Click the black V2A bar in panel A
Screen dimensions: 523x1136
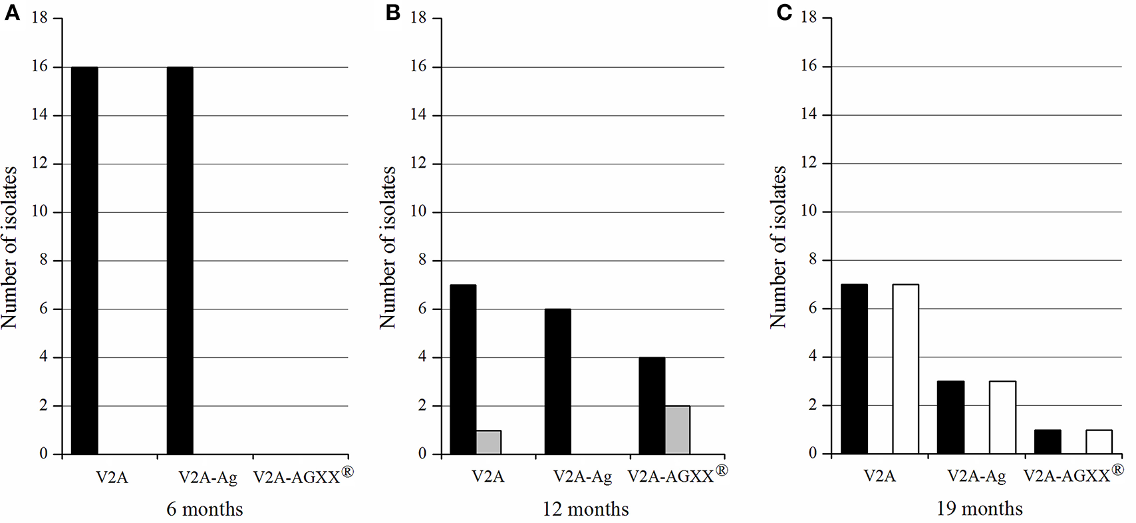[x=84, y=260]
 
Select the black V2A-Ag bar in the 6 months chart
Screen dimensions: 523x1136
[x=180, y=260]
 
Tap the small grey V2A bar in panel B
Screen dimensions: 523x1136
[x=488, y=442]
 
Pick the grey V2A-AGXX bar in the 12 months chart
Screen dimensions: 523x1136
[x=677, y=430]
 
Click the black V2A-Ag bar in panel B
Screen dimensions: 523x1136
[x=557, y=381]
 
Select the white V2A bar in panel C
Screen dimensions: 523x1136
[x=905, y=369]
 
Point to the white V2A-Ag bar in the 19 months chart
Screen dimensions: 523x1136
[x=1002, y=417]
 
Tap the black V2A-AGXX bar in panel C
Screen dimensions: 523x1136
[x=1048, y=442]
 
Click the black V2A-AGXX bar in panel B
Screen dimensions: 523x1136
[x=652, y=405]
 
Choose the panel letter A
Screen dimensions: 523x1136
[x=11, y=13]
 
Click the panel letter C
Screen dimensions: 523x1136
[x=785, y=13]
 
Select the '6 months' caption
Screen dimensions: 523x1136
[x=205, y=510]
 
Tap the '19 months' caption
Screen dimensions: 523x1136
[x=979, y=509]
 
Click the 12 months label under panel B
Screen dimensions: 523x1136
[x=585, y=510]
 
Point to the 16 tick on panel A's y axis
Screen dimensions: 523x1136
[x=41, y=67]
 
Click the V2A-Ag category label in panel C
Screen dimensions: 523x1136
[x=976, y=476]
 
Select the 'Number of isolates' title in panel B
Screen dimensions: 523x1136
[x=388, y=248]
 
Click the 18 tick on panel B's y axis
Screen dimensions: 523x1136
[x=418, y=18]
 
